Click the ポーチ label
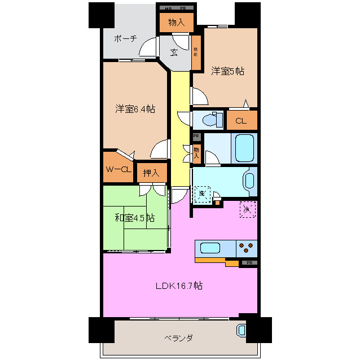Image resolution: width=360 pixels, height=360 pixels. point(125,38)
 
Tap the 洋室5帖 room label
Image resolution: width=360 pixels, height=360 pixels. point(227,71)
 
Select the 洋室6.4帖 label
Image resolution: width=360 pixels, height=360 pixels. point(135,109)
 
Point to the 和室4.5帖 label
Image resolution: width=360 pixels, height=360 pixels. point(135,218)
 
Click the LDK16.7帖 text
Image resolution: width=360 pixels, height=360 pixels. point(179,286)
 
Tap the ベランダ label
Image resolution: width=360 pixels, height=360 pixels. point(179,338)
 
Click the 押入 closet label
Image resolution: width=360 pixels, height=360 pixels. point(151,173)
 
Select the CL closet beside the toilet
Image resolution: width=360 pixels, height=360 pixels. point(241,120)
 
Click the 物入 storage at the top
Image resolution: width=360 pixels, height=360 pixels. point(176,23)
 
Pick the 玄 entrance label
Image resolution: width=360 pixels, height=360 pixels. point(174,52)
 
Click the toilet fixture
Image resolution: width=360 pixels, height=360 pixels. point(212,120)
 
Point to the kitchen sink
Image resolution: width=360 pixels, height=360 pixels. point(209,248)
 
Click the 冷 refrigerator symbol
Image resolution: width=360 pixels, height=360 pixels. point(247,209)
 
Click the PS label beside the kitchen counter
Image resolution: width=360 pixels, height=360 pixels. point(249,263)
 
